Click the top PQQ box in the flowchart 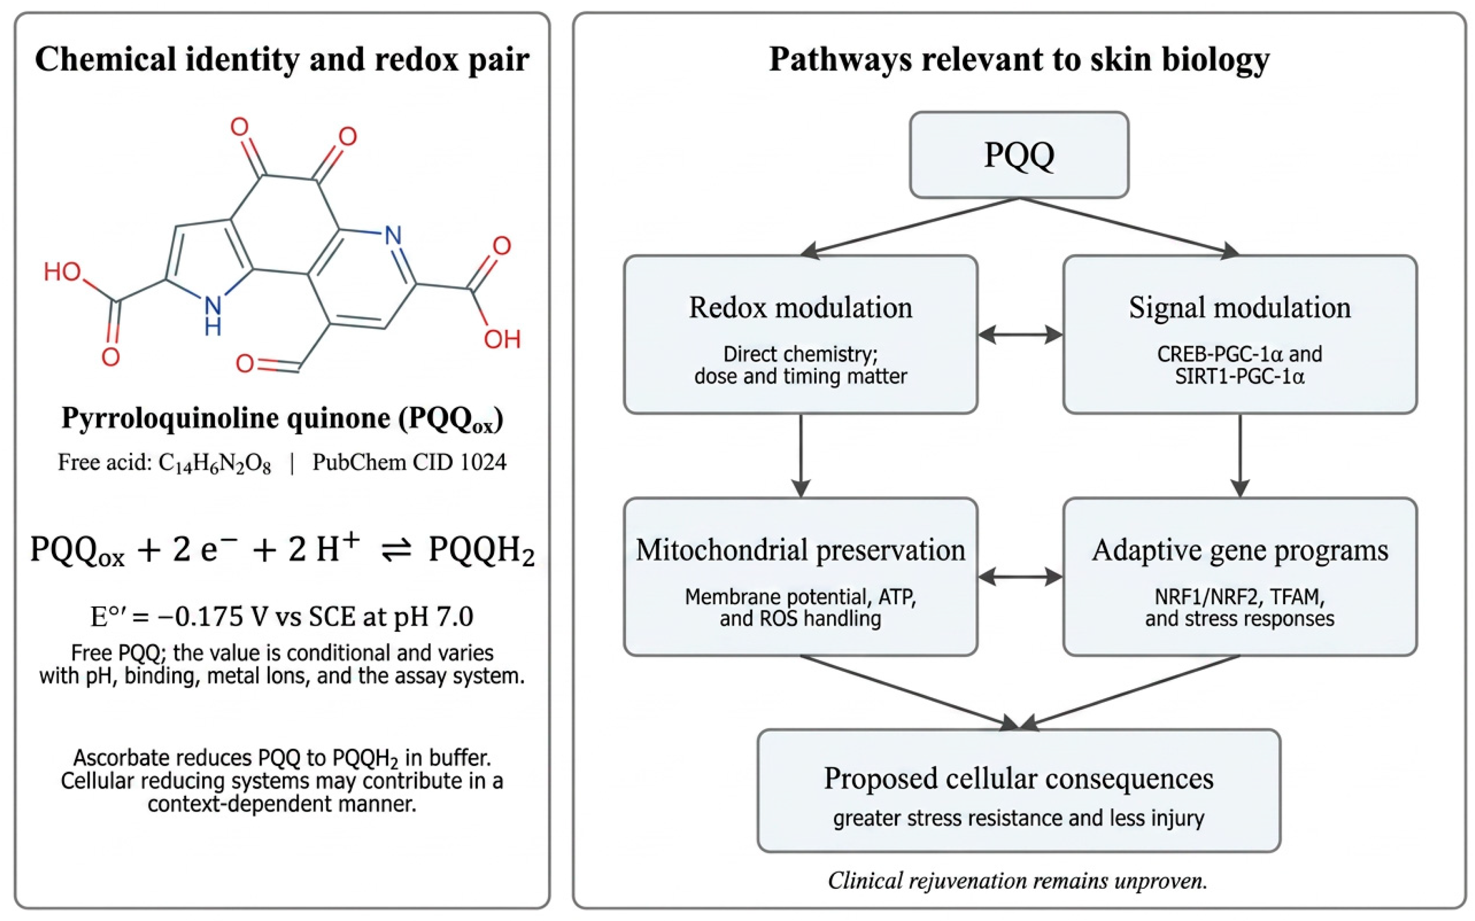pyautogui.click(x=1019, y=155)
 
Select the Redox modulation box pyautogui.click(x=800, y=335)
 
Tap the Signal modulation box pyautogui.click(x=1240, y=335)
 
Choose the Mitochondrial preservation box pyautogui.click(x=800, y=576)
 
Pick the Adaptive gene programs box pyautogui.click(x=1240, y=576)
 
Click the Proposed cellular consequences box pyautogui.click(x=1019, y=790)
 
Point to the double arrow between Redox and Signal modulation pyautogui.click(x=1020, y=335)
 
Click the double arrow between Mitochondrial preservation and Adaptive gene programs pyautogui.click(x=1020, y=576)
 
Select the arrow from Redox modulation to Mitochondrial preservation pyautogui.click(x=800, y=456)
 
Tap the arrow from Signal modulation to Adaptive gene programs pyautogui.click(x=1240, y=456)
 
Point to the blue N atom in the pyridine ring pyautogui.click(x=393, y=235)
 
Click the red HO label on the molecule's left pyautogui.click(x=62, y=271)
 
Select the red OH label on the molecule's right pyautogui.click(x=502, y=339)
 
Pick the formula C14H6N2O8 pyautogui.click(x=215, y=464)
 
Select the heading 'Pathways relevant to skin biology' pyautogui.click(x=1019, y=60)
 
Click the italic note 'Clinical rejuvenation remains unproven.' pyautogui.click(x=1018, y=880)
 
